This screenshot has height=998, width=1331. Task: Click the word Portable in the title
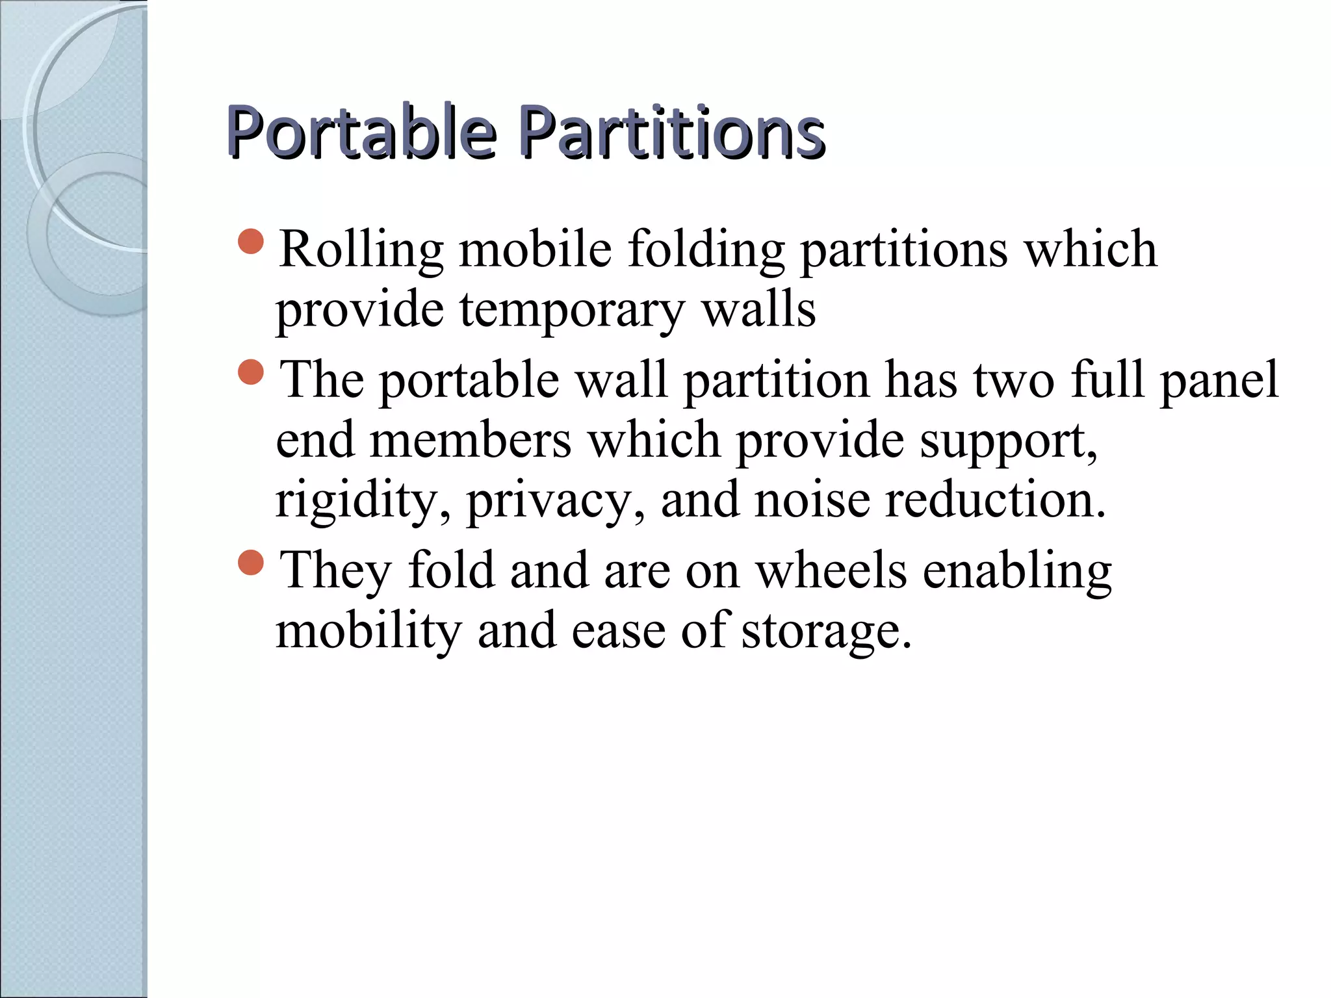pos(361,133)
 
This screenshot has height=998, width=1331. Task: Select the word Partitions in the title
pos(673,133)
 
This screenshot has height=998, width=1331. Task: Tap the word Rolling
pos(361,249)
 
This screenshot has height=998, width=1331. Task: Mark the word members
pos(471,440)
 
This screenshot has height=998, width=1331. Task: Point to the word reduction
pos(994,500)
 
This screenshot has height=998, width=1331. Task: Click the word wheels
pos(831,570)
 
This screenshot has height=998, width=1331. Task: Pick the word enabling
pos(1017,570)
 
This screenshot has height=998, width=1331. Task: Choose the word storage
pos(826,631)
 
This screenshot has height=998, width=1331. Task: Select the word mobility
pos(368,631)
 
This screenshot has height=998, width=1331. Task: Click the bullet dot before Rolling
pos(251,242)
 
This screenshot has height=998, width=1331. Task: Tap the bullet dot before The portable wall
pos(251,372)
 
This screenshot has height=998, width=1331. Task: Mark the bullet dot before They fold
pos(251,563)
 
